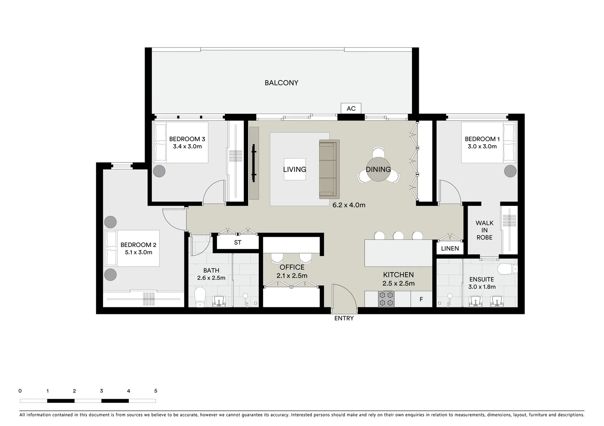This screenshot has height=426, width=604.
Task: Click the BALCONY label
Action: point(281,83)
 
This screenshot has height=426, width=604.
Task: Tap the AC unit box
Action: point(351,108)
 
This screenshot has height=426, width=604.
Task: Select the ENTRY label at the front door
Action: point(344,318)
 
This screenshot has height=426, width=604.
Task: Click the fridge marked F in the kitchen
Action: point(421,299)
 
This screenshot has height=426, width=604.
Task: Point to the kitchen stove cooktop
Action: point(386,299)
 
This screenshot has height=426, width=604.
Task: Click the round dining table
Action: point(378,170)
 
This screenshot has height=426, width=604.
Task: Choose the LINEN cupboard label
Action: point(450,248)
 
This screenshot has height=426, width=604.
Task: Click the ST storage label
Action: point(237,243)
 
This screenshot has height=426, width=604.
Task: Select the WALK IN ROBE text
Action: point(484,230)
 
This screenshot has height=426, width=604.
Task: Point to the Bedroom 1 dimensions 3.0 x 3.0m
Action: point(482,146)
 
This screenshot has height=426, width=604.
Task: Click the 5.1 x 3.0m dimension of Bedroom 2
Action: point(138,252)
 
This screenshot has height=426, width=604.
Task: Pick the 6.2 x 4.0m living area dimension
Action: point(349,205)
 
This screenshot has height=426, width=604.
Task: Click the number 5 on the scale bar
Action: point(156,391)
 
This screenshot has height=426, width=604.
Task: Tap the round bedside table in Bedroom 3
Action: point(159,171)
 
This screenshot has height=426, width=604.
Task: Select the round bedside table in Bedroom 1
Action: point(510,171)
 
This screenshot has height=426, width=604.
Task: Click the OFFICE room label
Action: point(292,267)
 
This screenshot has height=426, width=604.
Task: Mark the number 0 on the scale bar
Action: point(20,391)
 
